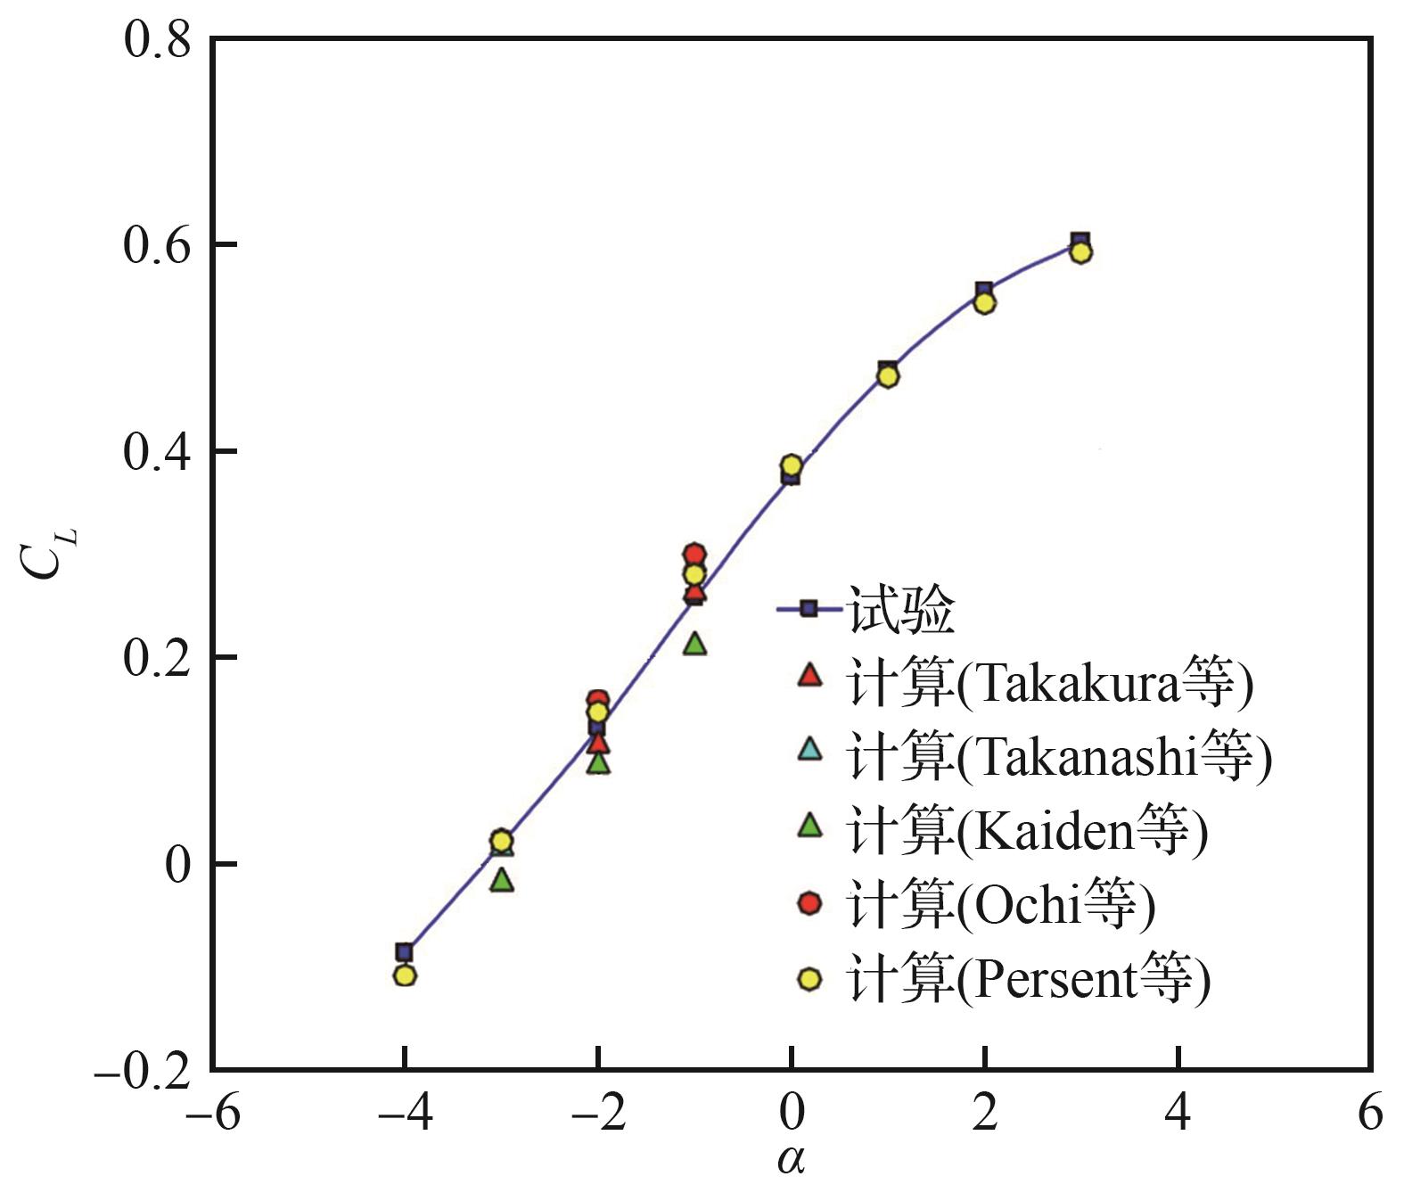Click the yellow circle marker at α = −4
(405, 975)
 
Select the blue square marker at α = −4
(405, 952)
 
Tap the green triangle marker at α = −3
(502, 880)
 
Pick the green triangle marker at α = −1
(695, 643)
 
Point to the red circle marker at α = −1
(694, 554)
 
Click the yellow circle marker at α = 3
(1080, 252)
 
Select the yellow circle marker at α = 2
(984, 303)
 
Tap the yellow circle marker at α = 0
(792, 465)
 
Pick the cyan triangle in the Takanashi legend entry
(809, 748)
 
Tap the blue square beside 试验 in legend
(809, 609)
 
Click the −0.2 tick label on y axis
(143, 1070)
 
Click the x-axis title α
(792, 1161)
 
